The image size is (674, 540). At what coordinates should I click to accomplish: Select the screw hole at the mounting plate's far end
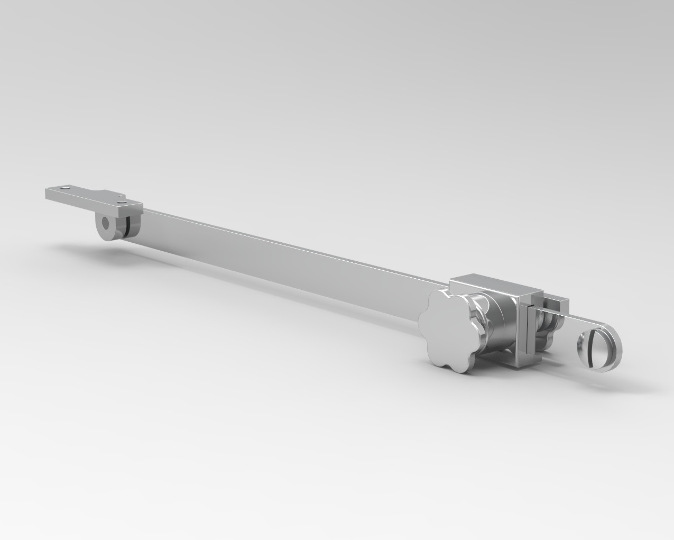tap(65, 187)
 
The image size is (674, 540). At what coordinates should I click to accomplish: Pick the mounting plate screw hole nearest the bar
tap(123, 200)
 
